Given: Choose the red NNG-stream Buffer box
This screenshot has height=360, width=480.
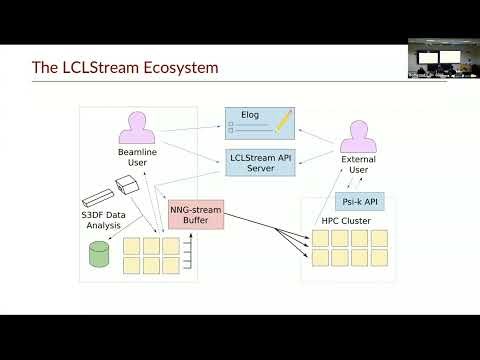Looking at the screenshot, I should pyautogui.click(x=195, y=213).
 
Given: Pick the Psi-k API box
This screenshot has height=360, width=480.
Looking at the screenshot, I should pyautogui.click(x=357, y=200).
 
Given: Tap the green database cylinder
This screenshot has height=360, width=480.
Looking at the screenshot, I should pyautogui.click(x=99, y=254).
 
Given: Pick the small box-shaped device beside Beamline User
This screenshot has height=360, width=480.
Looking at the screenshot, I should pyautogui.click(x=127, y=186).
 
